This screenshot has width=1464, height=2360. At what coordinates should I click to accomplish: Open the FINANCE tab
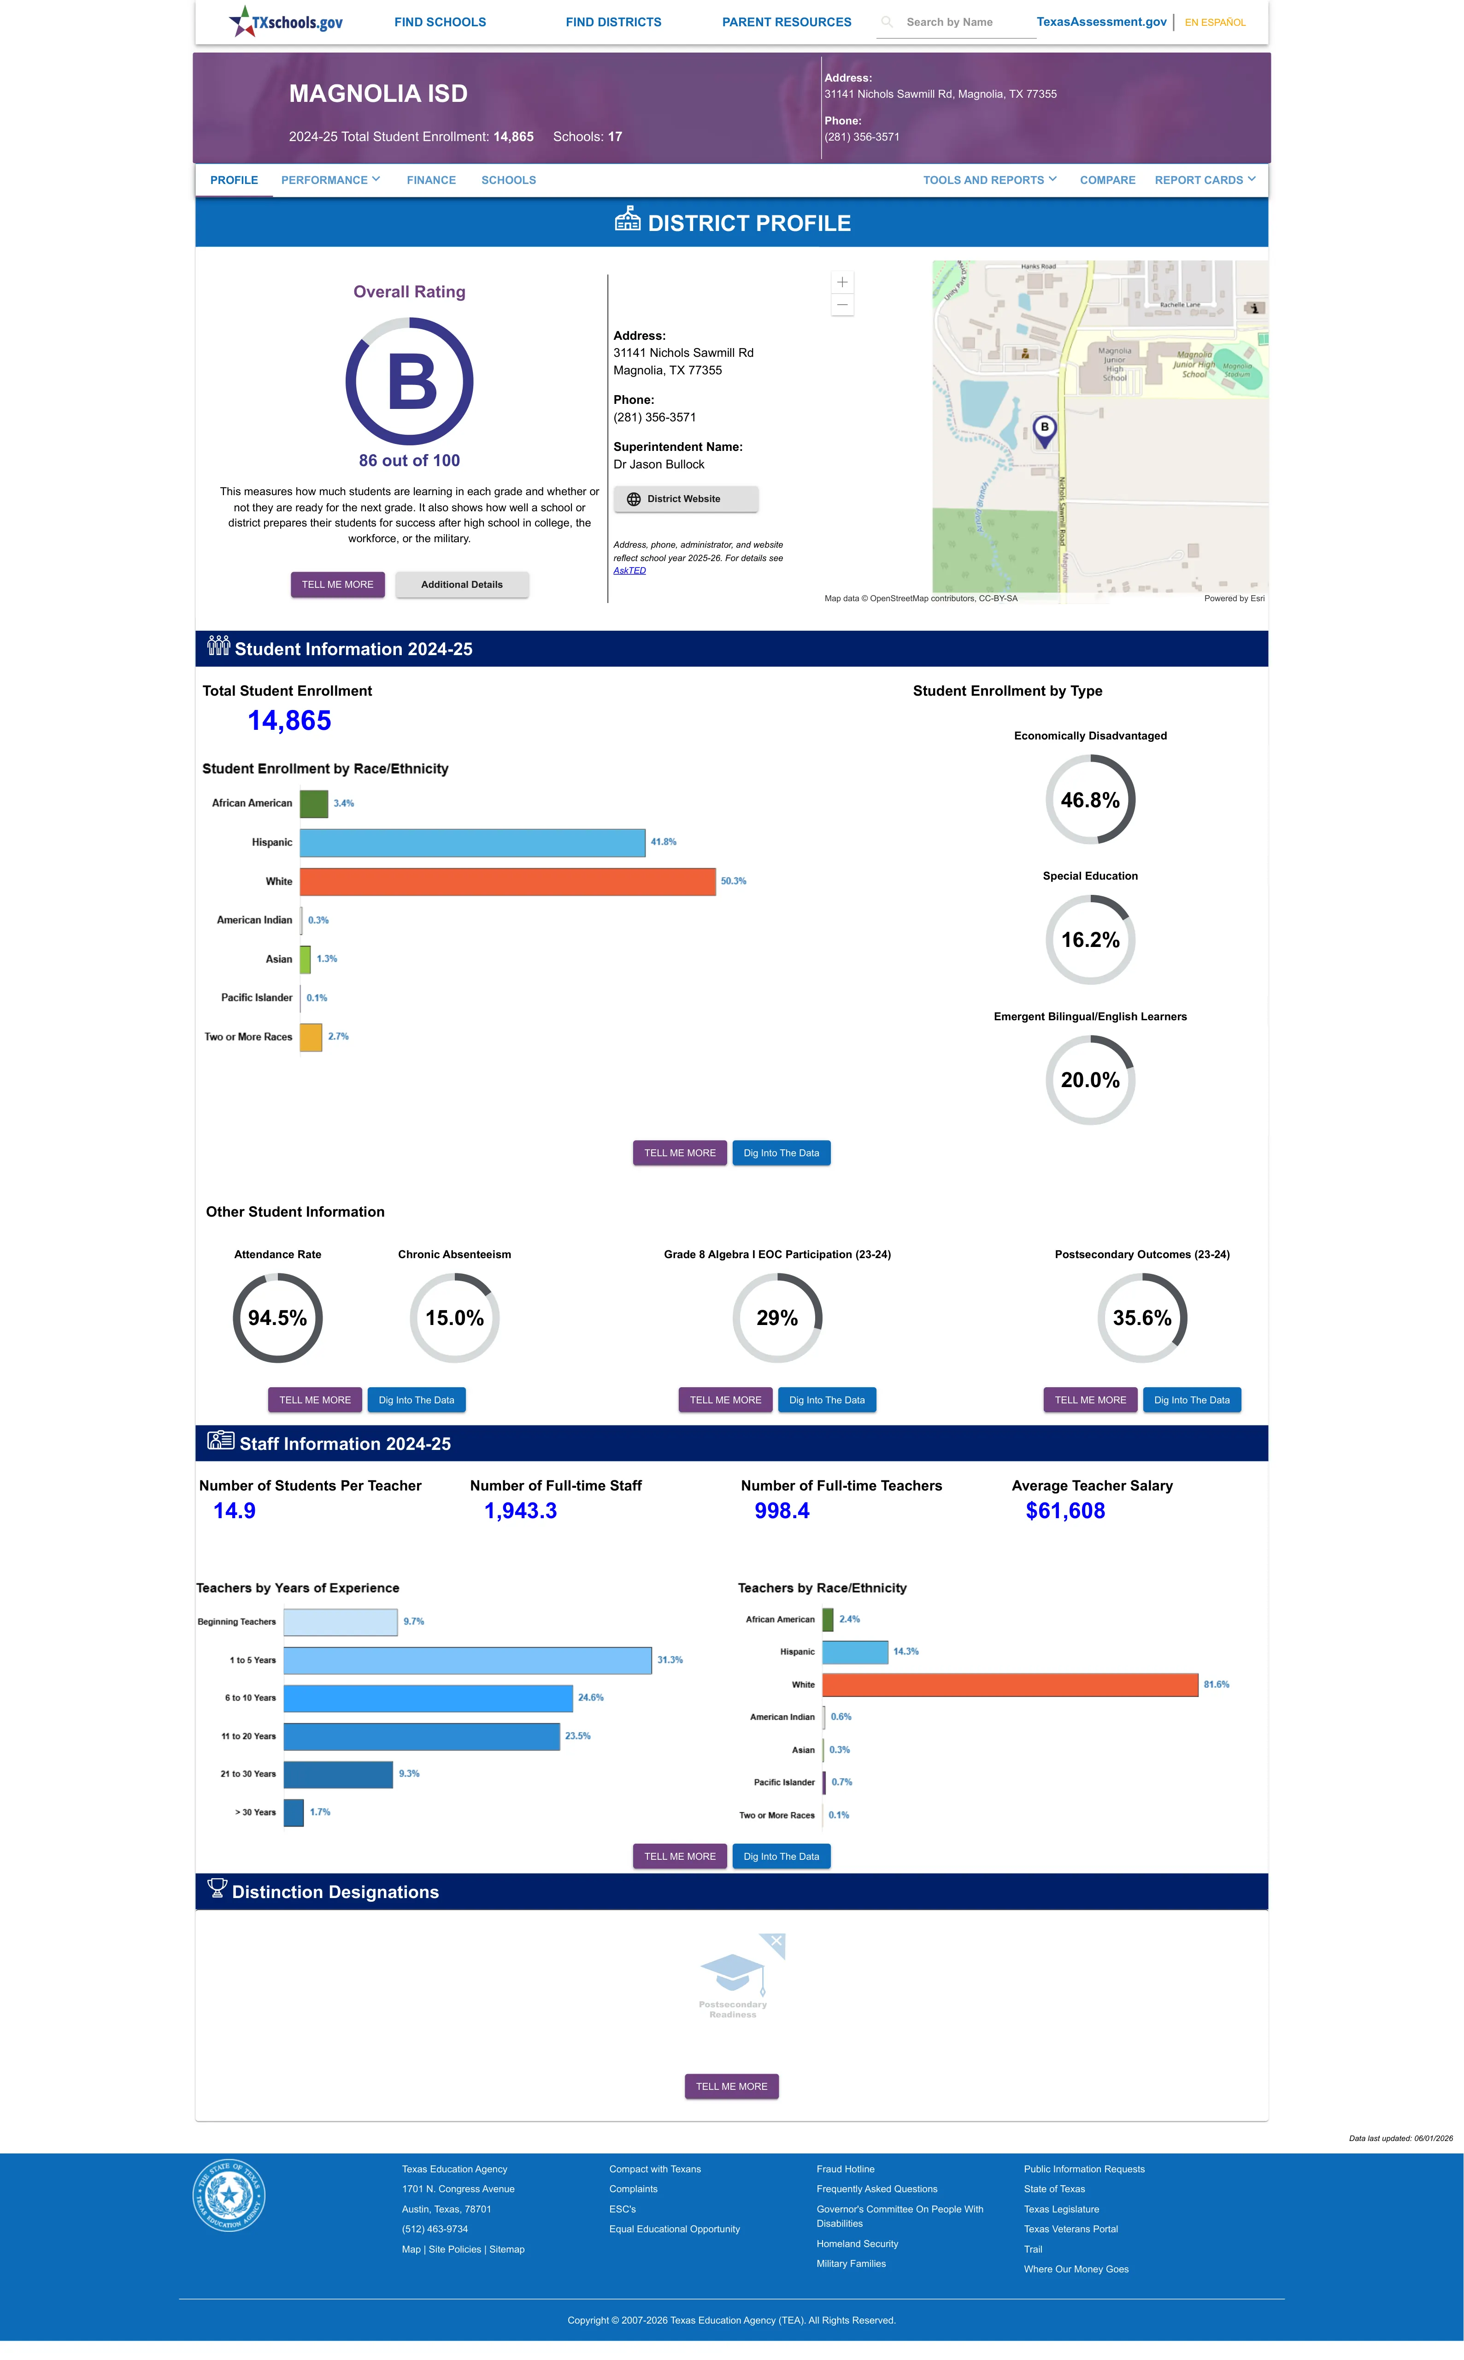click(431, 180)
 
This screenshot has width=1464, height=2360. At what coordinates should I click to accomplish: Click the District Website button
click(686, 499)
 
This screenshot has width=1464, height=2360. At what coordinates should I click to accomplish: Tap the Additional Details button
click(462, 585)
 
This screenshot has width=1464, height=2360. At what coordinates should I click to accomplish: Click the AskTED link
click(629, 570)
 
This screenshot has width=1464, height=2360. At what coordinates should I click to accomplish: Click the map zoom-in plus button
click(842, 282)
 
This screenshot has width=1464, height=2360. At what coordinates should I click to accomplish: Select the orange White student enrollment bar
click(507, 881)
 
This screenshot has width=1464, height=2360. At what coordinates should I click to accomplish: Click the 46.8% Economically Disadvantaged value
click(1090, 800)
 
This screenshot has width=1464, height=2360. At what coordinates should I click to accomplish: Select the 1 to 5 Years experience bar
click(468, 1660)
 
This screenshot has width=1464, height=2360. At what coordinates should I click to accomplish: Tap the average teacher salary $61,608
click(1065, 1511)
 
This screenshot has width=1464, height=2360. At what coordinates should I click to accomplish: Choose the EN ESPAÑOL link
click(1215, 22)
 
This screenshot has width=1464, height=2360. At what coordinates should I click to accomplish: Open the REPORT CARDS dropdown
click(1205, 180)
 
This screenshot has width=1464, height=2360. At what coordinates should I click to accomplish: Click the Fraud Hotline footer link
click(845, 2169)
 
